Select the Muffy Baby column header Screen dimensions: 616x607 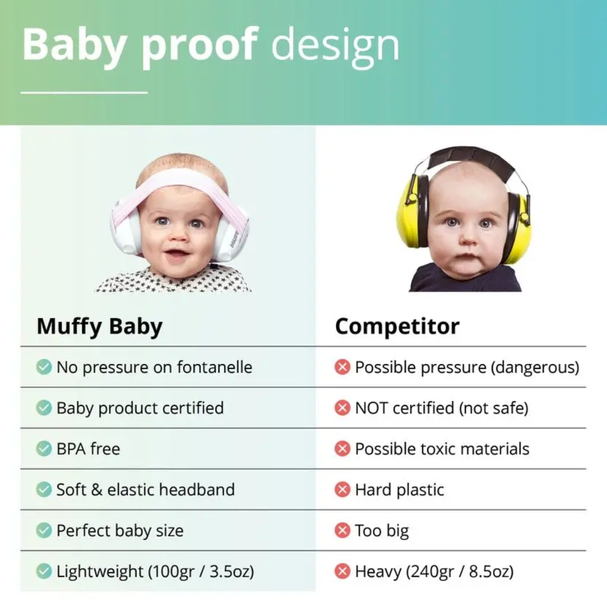99,327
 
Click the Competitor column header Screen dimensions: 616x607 397,327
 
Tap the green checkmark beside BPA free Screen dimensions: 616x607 44,448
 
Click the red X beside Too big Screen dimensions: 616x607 342,530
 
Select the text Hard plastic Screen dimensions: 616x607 399,490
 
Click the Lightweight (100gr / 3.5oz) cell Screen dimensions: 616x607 155,571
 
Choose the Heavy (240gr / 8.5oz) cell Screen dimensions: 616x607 434,571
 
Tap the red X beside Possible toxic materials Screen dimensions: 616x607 342,448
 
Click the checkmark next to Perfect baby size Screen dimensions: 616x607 44,530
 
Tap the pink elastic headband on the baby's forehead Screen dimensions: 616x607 179,179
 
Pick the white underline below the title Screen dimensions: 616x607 84,93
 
